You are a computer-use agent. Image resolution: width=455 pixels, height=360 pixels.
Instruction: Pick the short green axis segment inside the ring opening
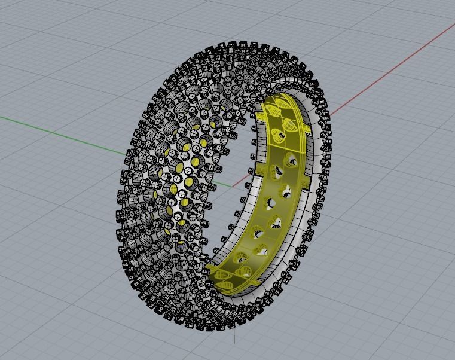click(x=221, y=179)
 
